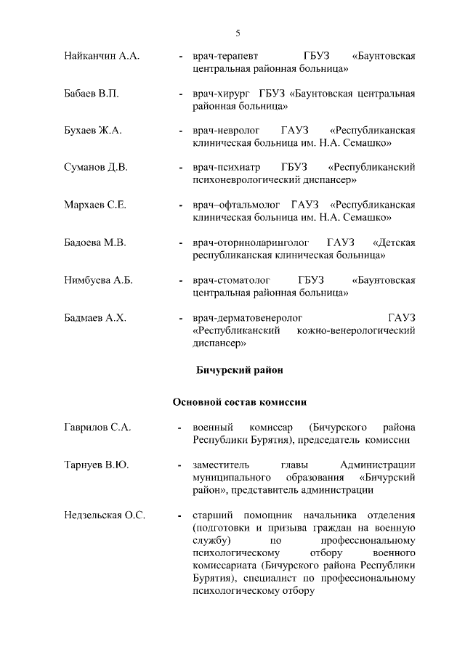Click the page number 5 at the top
238,33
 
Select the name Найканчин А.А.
102,56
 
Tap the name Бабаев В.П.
91,94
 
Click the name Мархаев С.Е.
95,205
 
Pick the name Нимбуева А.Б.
98,279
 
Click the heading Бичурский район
239,370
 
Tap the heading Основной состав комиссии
239,401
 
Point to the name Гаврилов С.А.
97,428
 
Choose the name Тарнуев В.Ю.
96,465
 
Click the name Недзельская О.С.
105,515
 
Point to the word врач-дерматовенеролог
248,317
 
